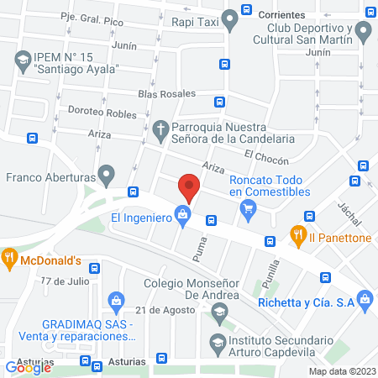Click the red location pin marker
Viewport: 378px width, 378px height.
pos(188,187)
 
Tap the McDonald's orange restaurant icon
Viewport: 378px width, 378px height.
pos(9,258)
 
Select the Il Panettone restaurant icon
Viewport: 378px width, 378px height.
pos(297,235)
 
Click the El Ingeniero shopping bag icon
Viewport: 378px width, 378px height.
pos(182,217)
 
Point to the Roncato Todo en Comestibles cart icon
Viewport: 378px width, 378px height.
pos(247,213)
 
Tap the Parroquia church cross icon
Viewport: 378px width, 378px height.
pos(160,130)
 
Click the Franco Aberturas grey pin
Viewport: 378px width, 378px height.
pos(106,176)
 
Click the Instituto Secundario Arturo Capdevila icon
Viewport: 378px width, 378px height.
pos(218,341)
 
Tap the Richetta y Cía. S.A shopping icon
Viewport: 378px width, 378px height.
pos(364,298)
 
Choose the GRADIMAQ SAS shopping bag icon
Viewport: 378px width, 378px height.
pos(116,299)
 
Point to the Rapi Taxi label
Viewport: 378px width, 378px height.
pos(197,24)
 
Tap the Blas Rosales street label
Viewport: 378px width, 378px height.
pos(167,94)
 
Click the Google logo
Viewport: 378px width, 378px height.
pos(29,367)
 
